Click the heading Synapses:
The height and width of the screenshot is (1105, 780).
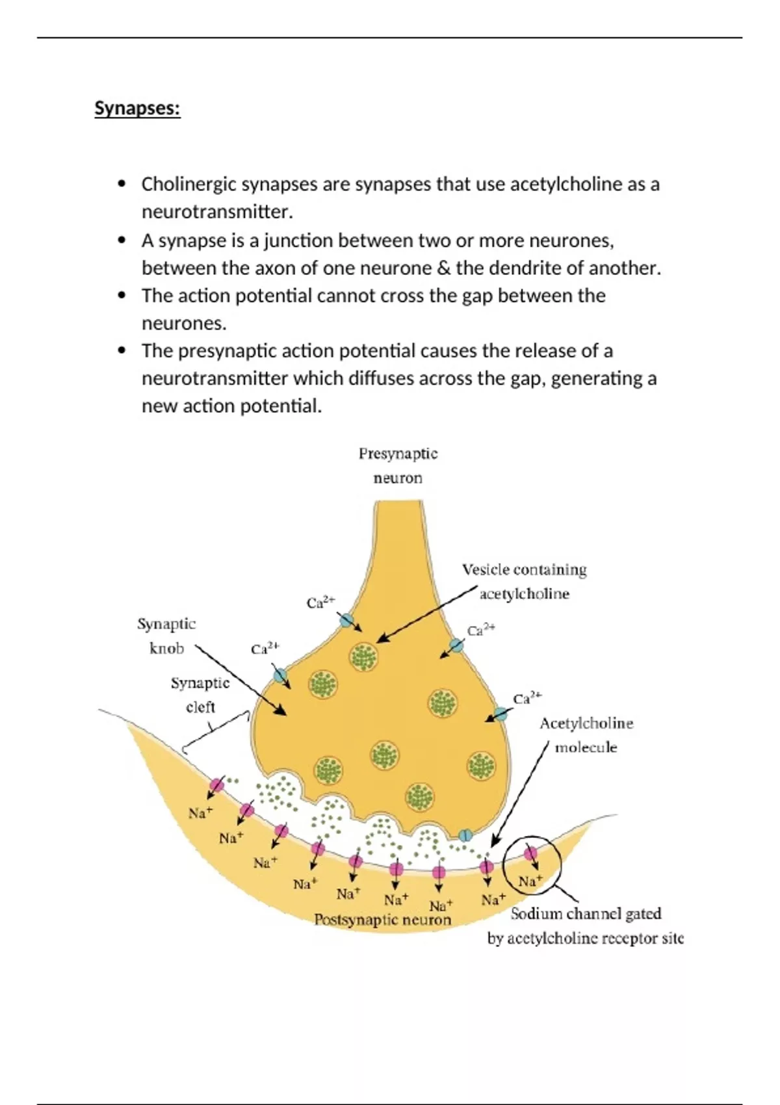point(137,108)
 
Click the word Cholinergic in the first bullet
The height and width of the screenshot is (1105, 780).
point(188,185)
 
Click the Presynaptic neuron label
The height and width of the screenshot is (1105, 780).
point(398,465)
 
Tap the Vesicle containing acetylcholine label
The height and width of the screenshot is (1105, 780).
point(524,582)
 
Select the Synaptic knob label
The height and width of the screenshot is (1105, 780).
point(166,636)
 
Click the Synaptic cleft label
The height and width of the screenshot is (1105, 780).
point(200,695)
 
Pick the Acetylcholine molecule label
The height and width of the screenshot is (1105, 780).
point(586,735)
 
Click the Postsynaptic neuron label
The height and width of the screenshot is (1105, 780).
point(382,920)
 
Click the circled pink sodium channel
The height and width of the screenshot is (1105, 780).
point(530,853)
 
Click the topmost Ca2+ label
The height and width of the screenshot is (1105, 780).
point(320,603)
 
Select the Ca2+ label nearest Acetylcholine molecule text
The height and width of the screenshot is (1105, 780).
point(527,699)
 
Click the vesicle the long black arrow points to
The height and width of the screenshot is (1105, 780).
point(364,656)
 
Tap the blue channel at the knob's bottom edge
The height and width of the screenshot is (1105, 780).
point(465,835)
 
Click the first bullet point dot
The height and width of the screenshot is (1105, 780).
point(122,185)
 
